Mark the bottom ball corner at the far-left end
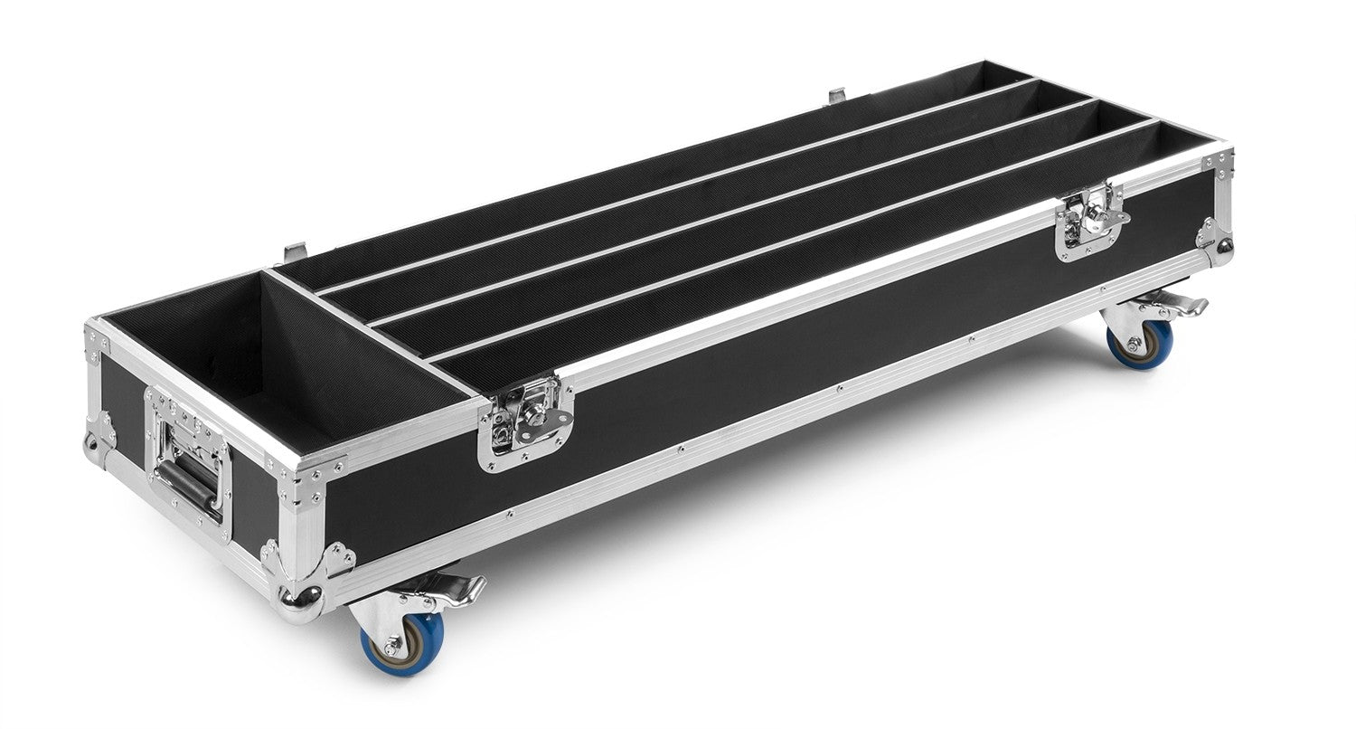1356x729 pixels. click(x=92, y=447)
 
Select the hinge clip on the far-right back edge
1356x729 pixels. click(x=836, y=94)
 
